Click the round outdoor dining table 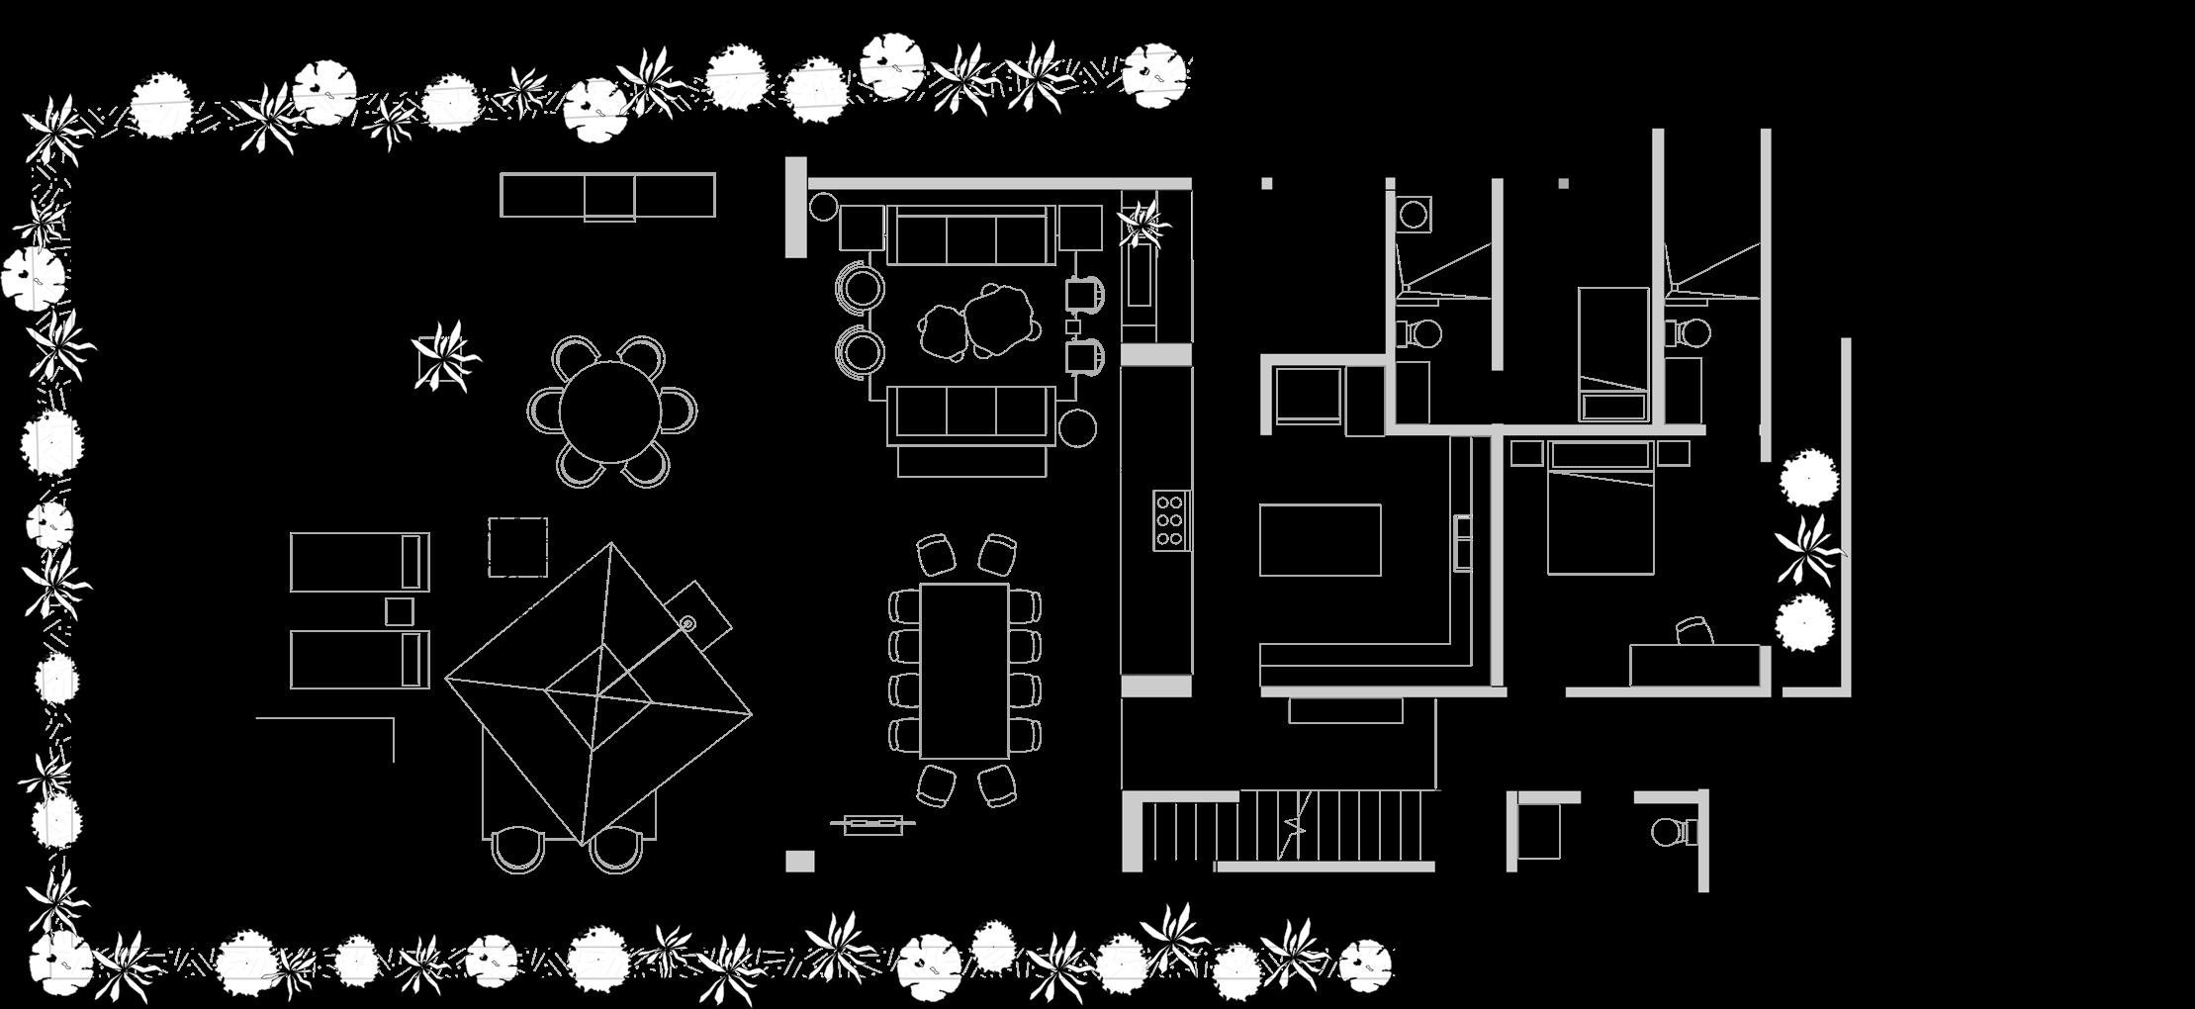[x=610, y=411]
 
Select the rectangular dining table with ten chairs [x=963, y=670]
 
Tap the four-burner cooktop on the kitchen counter [x=1169, y=520]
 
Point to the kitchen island [x=1320, y=539]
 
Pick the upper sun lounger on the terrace [x=359, y=562]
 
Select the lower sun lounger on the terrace [x=359, y=660]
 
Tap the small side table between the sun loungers [x=400, y=611]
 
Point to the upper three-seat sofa [x=968, y=235]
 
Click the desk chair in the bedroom [x=1693, y=631]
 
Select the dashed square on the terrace [x=517, y=547]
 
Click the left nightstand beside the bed [x=1526, y=453]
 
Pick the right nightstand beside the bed [x=1674, y=453]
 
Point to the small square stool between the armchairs [x=1073, y=325]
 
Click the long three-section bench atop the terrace [x=607, y=195]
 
